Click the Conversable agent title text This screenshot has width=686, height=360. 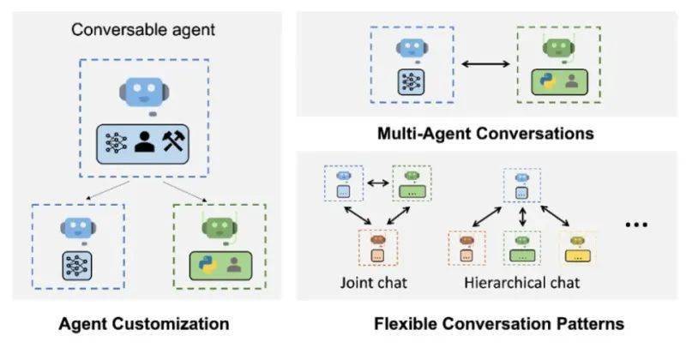tap(143, 29)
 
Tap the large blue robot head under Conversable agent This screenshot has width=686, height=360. tap(145, 93)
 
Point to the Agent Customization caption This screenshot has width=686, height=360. tap(143, 324)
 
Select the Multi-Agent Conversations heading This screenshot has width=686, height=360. tap(486, 135)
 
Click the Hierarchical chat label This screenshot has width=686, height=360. tap(522, 283)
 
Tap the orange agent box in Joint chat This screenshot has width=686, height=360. tap(376, 246)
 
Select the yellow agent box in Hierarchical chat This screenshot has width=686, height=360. tap(577, 248)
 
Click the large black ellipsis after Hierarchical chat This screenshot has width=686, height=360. tap(635, 225)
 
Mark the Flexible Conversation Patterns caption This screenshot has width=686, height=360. tap(498, 324)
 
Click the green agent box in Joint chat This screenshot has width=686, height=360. tap(412, 183)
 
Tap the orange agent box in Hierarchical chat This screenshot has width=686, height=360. tap(467, 248)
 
